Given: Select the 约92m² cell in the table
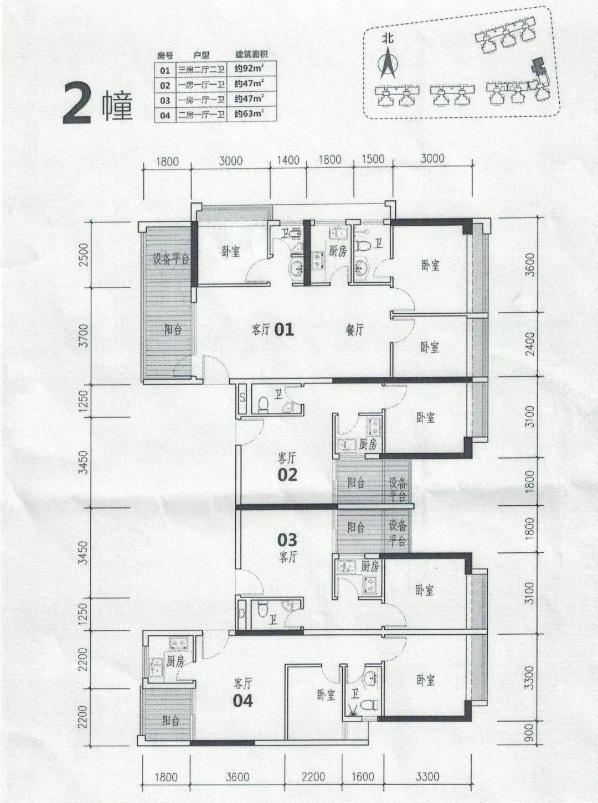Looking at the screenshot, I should [248, 70].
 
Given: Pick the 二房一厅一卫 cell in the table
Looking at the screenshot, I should [201, 115].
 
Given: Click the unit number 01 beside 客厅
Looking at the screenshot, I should [284, 330].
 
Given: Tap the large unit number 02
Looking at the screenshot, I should [287, 474].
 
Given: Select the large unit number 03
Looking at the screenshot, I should [287, 539].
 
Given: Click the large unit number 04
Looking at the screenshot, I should [243, 701].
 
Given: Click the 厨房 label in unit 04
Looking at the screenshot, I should [175, 661].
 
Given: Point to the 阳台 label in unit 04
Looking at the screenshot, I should [171, 721].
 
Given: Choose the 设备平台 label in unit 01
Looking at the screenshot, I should [171, 258].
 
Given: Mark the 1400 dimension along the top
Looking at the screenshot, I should [287, 160].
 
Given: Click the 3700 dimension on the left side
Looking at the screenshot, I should [84, 335].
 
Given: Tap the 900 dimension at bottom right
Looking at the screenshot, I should [529, 732].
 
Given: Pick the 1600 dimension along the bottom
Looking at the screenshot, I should [363, 777].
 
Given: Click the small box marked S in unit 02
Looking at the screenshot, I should [243, 397].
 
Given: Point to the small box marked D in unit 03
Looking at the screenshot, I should [242, 613].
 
